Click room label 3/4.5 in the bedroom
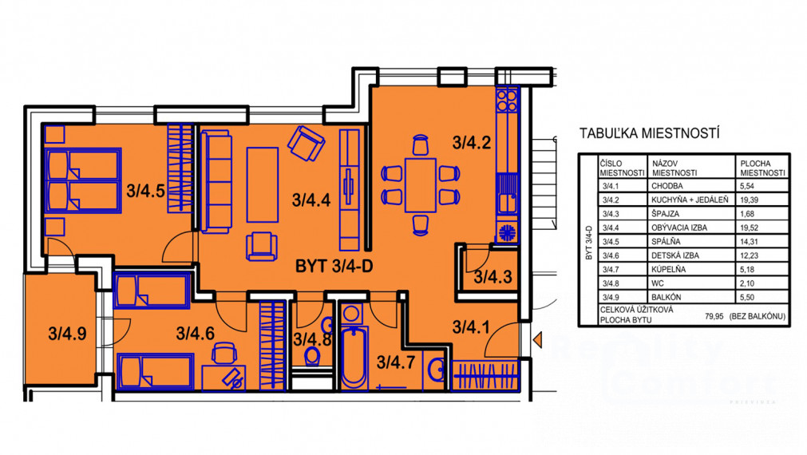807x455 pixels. (145, 191)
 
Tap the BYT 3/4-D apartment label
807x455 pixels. (334, 266)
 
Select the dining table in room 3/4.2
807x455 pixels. (421, 185)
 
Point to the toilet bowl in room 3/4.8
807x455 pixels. (312, 356)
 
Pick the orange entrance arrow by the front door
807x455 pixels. (538, 340)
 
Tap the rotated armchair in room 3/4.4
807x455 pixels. (307, 144)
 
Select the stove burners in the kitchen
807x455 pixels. (507, 100)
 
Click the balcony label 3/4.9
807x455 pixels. (67, 334)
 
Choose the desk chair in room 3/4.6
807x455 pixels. (224, 353)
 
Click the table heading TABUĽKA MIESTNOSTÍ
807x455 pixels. (650, 133)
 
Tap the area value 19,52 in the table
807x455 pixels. (750, 227)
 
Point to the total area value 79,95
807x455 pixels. (714, 317)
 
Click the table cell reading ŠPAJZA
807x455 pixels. (666, 214)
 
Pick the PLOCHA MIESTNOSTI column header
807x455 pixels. (763, 168)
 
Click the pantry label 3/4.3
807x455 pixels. (493, 278)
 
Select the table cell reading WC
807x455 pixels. (657, 283)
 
